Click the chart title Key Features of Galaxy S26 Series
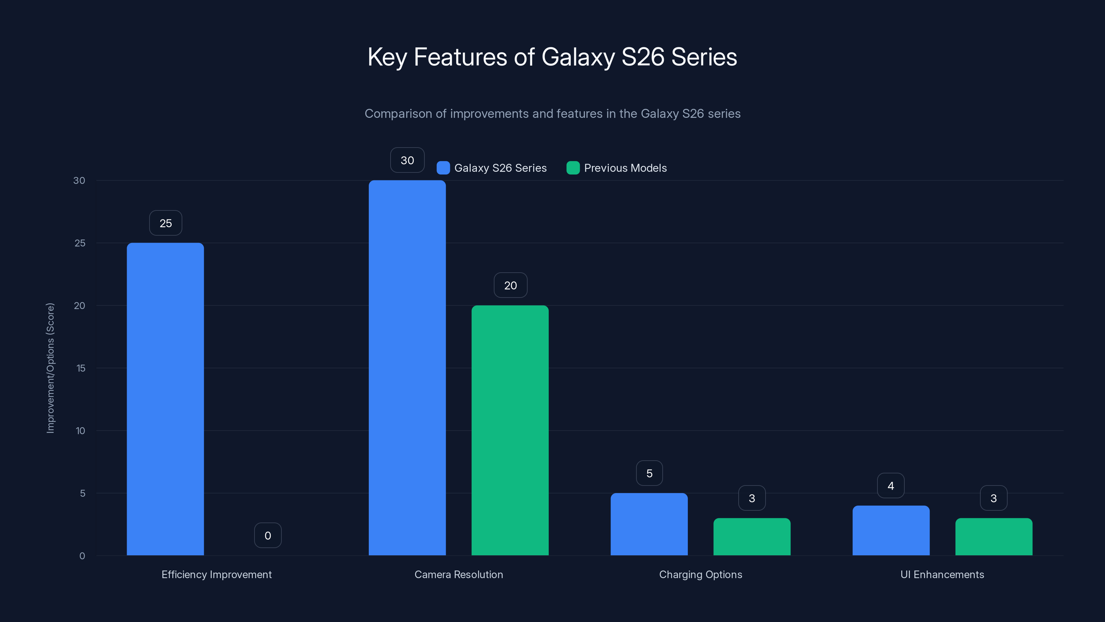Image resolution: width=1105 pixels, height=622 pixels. click(x=552, y=57)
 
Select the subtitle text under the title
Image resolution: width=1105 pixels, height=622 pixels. click(x=552, y=114)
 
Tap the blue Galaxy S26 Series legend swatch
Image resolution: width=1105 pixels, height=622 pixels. click(x=443, y=168)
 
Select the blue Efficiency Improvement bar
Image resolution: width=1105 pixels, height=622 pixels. click(x=165, y=399)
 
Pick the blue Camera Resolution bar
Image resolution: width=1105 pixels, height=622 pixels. click(x=407, y=368)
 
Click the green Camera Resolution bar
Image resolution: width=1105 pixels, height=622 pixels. click(x=510, y=431)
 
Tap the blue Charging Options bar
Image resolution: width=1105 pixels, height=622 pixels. click(x=649, y=524)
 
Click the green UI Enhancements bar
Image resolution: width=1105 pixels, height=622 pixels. click(x=993, y=537)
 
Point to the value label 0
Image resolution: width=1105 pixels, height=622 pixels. click(x=268, y=535)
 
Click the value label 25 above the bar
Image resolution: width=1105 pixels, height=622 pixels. click(x=166, y=223)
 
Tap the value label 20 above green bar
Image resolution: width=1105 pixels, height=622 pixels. click(x=510, y=285)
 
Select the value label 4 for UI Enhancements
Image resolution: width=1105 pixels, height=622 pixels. click(x=891, y=486)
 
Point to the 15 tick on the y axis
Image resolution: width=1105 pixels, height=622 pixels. click(x=81, y=368)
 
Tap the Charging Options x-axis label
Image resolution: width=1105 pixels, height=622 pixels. click(x=701, y=574)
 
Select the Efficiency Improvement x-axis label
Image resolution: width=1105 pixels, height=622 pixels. click(x=217, y=574)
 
